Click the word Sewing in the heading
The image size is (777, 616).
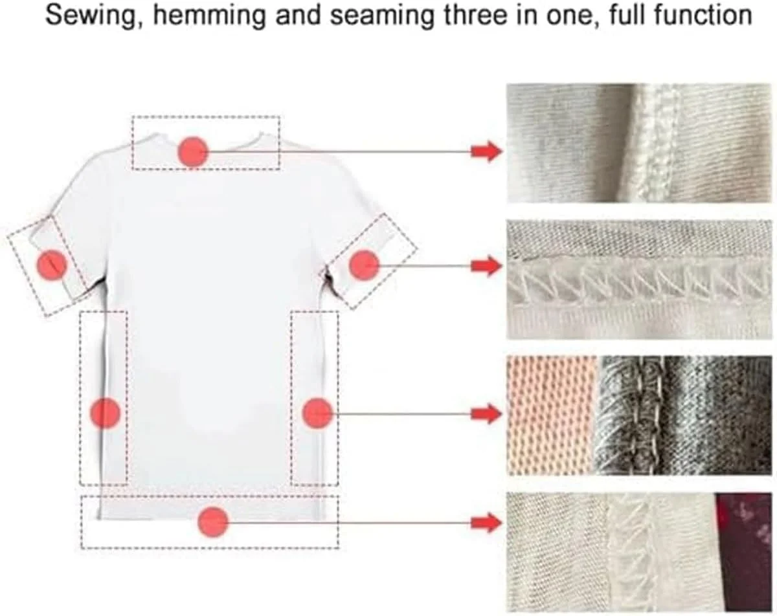(89, 17)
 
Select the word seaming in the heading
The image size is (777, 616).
(381, 17)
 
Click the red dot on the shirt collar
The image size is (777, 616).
(193, 152)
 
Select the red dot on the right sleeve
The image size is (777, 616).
(365, 266)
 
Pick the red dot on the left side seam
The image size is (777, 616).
(105, 413)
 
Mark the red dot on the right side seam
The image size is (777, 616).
(317, 413)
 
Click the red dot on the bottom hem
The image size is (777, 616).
(213, 522)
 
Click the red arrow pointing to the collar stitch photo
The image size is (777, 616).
(486, 151)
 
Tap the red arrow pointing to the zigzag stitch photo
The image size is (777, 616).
(486, 266)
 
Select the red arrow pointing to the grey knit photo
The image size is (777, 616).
(486, 413)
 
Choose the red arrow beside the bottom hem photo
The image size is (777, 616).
(486, 522)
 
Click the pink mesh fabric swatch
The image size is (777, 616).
(551, 415)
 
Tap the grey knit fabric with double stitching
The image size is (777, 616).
(684, 415)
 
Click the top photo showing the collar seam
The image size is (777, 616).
(640, 143)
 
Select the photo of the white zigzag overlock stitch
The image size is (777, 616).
(640, 280)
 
